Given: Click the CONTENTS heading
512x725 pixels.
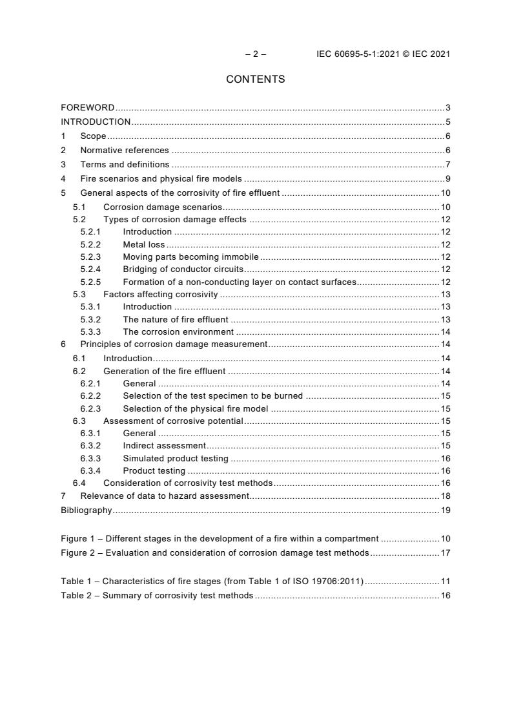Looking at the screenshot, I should (x=255, y=79).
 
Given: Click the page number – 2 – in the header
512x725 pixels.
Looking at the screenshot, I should (x=256, y=54).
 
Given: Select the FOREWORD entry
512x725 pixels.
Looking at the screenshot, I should (x=88, y=107).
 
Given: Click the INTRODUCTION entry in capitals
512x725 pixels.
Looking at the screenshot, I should (x=96, y=121).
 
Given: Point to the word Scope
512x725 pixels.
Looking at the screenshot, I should (x=93, y=136).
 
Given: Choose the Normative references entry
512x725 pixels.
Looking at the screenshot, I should (x=124, y=151).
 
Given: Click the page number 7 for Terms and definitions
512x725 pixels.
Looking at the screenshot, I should (x=447, y=165).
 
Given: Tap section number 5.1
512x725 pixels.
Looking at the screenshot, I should (x=79, y=207).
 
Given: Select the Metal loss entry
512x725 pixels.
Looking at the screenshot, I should (x=144, y=244).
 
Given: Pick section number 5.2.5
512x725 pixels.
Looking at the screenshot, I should (x=90, y=282).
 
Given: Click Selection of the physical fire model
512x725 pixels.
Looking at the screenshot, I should (x=196, y=408).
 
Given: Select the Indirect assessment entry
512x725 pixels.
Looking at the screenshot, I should (x=164, y=446).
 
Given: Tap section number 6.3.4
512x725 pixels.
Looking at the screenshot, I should (x=90, y=470).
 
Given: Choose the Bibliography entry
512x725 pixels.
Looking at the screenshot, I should (x=87, y=510).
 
